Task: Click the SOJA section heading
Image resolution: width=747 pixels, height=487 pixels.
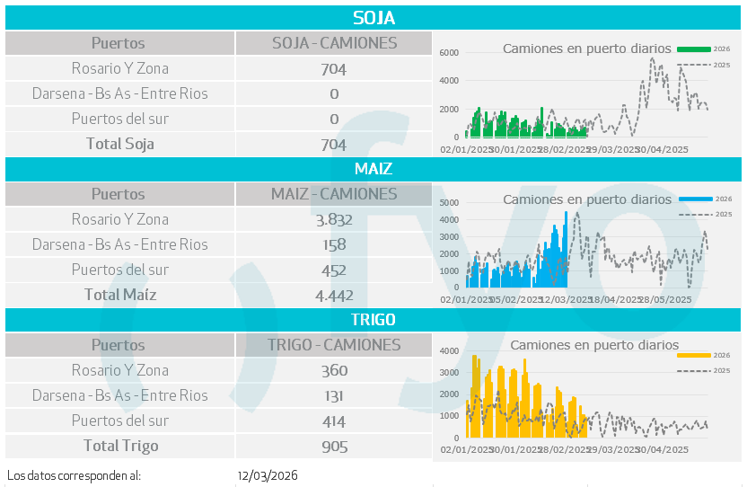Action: click(373, 18)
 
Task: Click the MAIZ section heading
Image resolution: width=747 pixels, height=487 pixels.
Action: click(373, 169)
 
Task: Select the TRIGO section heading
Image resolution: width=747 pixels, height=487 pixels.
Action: click(373, 320)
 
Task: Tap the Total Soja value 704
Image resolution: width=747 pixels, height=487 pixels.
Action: click(333, 144)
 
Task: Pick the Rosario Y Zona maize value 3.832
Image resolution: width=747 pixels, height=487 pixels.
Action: click(333, 219)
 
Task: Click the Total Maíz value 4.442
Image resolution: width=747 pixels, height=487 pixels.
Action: click(333, 295)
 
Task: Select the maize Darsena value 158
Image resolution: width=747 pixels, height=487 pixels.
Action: click(333, 244)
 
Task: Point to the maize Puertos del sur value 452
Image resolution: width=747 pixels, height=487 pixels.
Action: click(333, 270)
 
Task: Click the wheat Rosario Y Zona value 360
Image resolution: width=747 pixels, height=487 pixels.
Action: click(333, 370)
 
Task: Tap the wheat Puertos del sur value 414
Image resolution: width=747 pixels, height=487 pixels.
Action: click(333, 421)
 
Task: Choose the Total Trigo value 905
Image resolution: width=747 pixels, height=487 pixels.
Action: click(333, 446)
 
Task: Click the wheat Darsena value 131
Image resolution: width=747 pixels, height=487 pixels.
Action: click(333, 395)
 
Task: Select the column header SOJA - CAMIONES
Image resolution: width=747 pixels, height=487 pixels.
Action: click(333, 43)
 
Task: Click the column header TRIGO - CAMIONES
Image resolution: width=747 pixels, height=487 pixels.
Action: click(333, 345)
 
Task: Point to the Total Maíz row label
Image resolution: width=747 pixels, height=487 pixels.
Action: click(120, 295)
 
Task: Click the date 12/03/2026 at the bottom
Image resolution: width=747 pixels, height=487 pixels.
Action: click(268, 475)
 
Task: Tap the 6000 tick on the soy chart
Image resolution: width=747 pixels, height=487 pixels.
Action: click(449, 53)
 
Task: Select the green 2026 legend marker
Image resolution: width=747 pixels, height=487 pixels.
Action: click(694, 48)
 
